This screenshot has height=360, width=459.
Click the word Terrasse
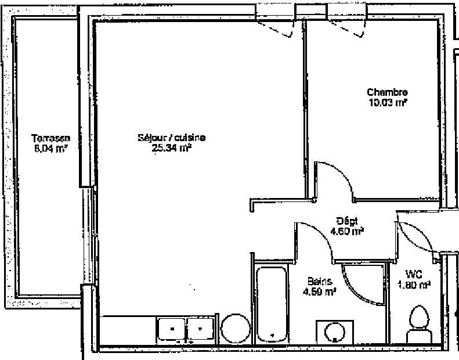[x=51, y=138]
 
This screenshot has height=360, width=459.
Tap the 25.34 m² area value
[x=171, y=147]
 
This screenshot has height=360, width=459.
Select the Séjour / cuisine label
[x=171, y=138]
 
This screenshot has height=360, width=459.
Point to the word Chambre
[x=387, y=92]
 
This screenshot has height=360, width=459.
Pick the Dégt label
[x=347, y=221]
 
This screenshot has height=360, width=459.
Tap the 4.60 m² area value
[x=347, y=231]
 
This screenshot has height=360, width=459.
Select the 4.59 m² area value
[x=319, y=291]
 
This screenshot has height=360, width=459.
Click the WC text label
[x=413, y=275]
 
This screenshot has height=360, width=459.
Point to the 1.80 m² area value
[x=413, y=285]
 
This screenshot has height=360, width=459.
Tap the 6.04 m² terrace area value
[x=51, y=148]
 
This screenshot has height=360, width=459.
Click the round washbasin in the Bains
[x=334, y=333]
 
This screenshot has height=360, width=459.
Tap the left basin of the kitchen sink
[x=171, y=329]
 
